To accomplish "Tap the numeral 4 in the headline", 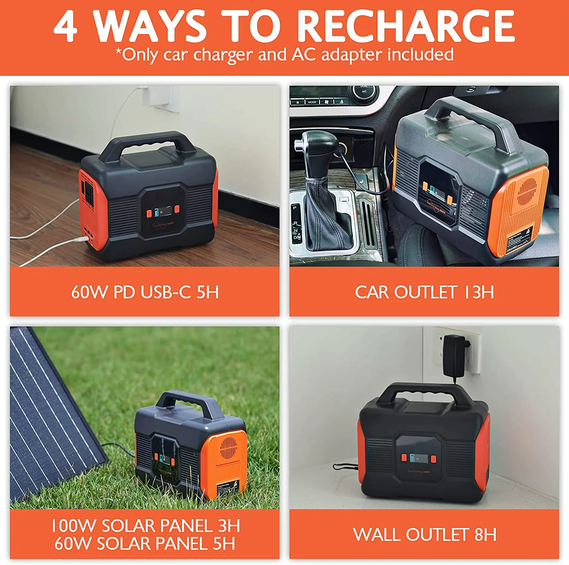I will point(66,27).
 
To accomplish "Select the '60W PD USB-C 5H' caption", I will point(145,292).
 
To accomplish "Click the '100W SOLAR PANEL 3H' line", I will point(146,526).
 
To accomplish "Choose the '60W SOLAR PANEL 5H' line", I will point(145,544).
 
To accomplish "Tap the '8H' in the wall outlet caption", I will point(485,535).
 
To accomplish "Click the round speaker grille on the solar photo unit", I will point(228,448).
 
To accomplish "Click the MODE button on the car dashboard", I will point(312,102).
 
